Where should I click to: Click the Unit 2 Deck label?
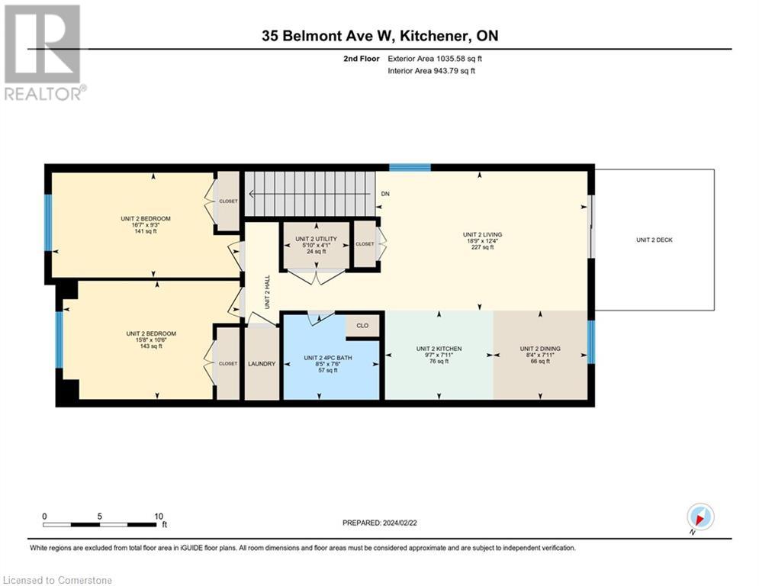point(654,240)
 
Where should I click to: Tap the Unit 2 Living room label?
point(482,235)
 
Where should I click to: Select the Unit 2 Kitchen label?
point(438,349)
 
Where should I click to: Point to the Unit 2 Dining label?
point(539,349)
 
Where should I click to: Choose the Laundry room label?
point(261,364)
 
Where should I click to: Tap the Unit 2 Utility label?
point(315,239)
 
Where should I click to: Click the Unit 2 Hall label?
point(267,291)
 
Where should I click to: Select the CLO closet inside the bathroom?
point(362,326)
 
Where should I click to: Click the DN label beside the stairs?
point(385,195)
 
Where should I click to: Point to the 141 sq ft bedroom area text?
point(145,231)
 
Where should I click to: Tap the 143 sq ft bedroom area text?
point(151,346)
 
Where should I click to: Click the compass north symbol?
point(700,517)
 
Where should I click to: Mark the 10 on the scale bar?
point(159,516)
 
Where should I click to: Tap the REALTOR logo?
point(43,53)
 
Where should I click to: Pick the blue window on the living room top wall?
point(410,168)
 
